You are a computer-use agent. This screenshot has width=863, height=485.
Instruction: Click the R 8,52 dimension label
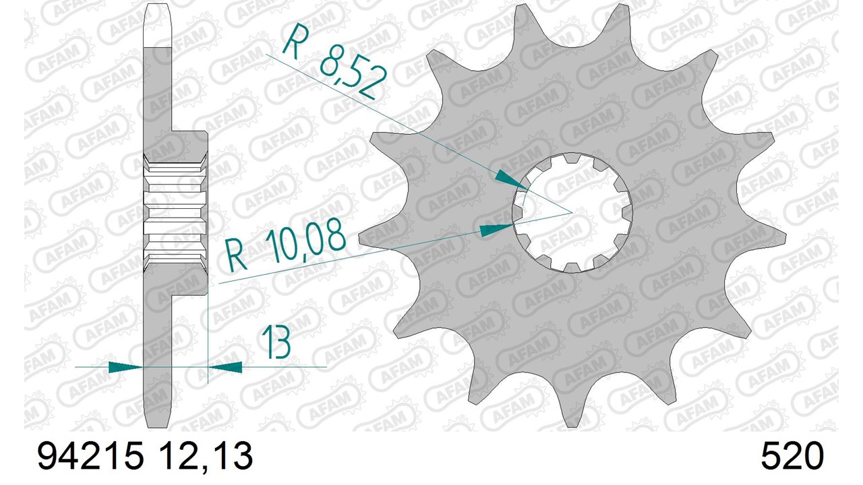click(x=334, y=61)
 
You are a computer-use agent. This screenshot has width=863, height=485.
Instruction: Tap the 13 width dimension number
click(x=276, y=342)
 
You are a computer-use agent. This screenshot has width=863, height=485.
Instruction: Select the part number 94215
click(x=90, y=455)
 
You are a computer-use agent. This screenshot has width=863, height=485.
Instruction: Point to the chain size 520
click(x=792, y=455)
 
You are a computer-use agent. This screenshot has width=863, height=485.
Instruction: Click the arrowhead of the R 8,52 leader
click(x=511, y=180)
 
